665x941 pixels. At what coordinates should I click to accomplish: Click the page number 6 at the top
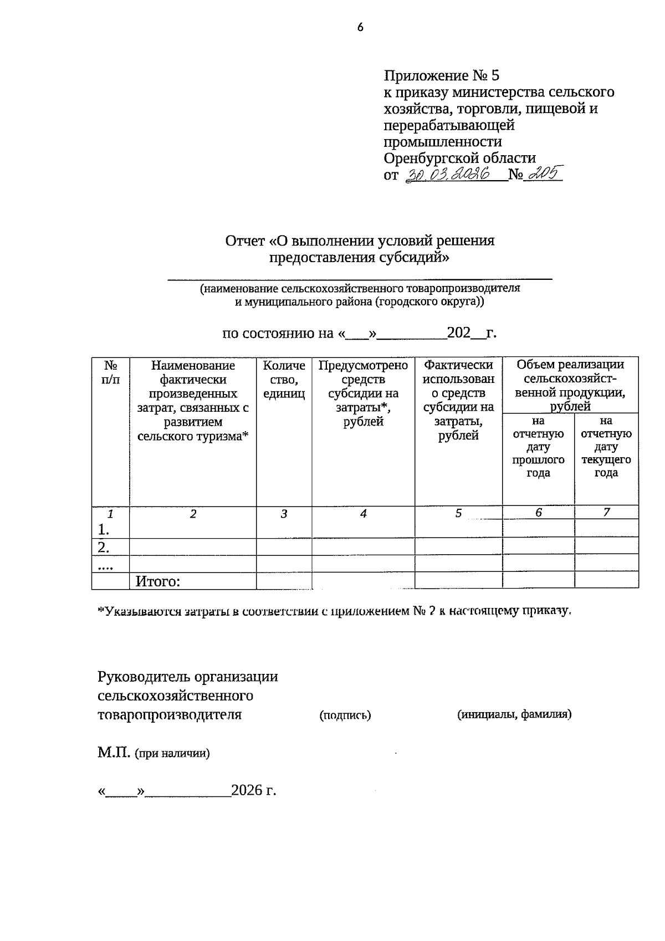360,27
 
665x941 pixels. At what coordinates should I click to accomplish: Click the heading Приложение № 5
442,75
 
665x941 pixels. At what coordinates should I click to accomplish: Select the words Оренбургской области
460,158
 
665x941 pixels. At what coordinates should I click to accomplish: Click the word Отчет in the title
244,241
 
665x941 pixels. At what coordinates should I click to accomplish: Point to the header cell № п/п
110,372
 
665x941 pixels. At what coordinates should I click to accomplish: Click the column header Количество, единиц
284,380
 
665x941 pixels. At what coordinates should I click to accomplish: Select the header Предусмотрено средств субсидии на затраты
363,393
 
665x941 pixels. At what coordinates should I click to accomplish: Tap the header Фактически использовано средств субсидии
458,400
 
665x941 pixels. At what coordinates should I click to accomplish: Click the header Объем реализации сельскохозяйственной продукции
570,385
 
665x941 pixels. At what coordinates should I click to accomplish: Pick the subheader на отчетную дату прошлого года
538,447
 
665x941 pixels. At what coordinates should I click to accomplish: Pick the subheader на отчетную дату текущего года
606,447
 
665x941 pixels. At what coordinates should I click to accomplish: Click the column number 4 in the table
363,514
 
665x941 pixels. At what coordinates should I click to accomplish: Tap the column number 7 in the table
606,513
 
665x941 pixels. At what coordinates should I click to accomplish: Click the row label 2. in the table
103,547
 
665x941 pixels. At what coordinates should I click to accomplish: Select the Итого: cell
158,581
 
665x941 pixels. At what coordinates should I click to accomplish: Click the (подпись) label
345,715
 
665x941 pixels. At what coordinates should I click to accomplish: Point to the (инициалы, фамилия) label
514,714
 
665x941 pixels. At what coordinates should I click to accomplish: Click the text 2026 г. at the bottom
253,790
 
